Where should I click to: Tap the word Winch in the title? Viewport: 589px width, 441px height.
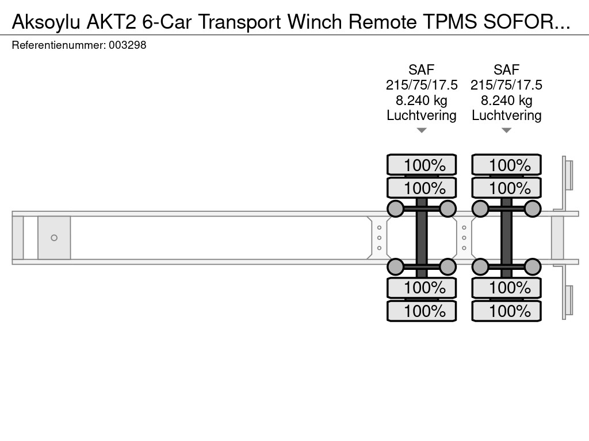pos(316,21)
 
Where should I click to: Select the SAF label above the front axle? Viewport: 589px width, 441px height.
pos(422,70)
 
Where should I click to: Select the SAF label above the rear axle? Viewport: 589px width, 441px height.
pos(507,70)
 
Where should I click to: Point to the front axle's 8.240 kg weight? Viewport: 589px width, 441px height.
pos(422,100)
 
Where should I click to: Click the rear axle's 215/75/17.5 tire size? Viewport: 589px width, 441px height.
pos(507,85)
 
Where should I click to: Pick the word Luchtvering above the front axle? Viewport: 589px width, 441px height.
pos(422,115)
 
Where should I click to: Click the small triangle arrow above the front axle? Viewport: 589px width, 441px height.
pos(422,131)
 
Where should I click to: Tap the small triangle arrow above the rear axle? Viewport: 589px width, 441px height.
pos(507,131)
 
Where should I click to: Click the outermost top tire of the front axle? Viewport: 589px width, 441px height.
pos(422,165)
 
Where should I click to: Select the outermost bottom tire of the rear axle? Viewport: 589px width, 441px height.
pos(507,311)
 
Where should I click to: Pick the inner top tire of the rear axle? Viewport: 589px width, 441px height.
pos(507,188)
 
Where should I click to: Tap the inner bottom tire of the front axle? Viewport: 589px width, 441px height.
pos(422,287)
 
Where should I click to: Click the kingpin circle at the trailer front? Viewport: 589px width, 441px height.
pos(54,238)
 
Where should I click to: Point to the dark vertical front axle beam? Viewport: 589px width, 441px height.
pos(422,238)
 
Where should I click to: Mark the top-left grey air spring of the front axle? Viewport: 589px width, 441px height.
pos(395,208)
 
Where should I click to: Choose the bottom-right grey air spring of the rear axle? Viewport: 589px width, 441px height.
pos(533,266)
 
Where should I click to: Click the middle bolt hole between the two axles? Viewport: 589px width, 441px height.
pos(464,238)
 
